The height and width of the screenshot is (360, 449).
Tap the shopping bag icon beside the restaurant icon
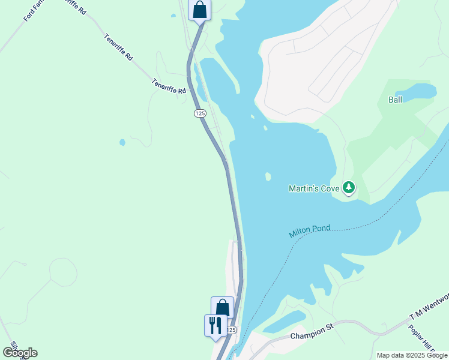point(222,308)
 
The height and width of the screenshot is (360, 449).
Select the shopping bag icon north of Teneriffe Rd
point(199,10)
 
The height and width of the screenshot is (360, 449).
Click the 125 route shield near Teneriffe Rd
point(200,113)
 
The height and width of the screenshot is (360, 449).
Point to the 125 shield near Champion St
point(232,330)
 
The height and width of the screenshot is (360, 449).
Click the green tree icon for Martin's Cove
point(349,188)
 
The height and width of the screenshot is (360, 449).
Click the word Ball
point(395,100)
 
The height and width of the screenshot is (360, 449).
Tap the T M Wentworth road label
point(429,307)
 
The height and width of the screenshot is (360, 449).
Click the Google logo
point(20,352)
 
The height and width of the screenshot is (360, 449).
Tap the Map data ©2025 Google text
point(412,355)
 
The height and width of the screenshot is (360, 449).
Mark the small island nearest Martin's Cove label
point(268,176)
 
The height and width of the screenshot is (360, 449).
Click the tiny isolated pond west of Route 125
point(122,143)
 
